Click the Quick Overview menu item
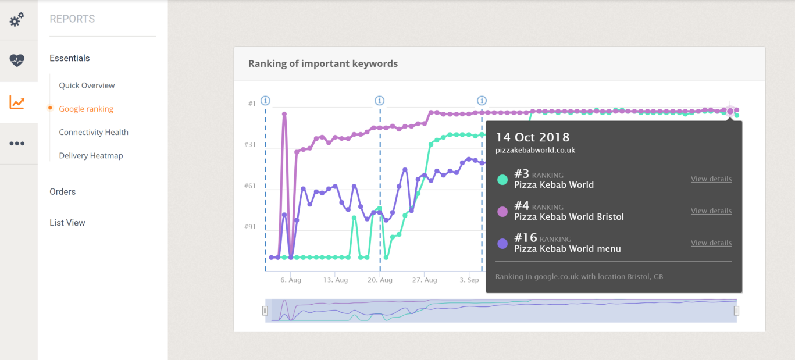[87, 85]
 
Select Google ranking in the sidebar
[86, 109]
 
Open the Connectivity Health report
[94, 132]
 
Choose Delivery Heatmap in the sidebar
[91, 155]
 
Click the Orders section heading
[63, 191]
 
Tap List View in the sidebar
[67, 223]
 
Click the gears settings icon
[17, 20]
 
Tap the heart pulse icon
[17, 60]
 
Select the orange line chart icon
[17, 102]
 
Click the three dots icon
[17, 143]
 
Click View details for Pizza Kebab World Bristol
[711, 211]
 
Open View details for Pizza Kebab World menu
[711, 243]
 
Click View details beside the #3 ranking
[711, 179]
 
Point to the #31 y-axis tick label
[250, 144]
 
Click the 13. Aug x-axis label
[335, 280]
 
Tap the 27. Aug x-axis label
[425, 280]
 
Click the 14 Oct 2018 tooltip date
[532, 137]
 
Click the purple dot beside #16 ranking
[502, 244]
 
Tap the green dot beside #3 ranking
[502, 180]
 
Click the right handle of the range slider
[736, 311]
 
